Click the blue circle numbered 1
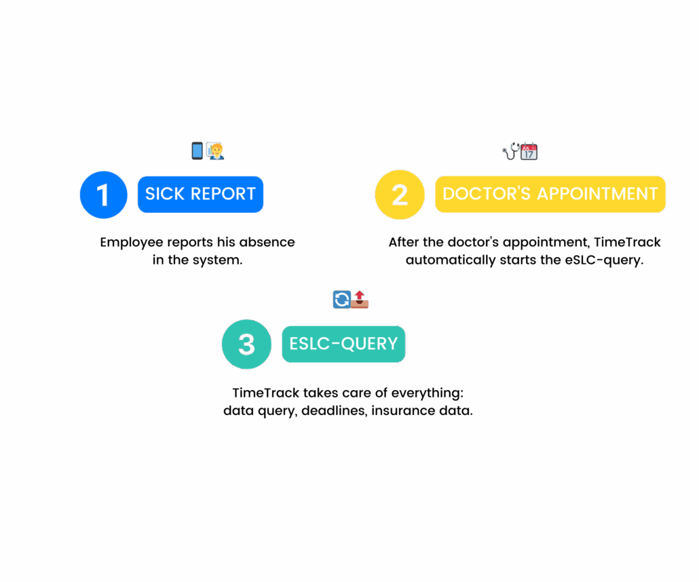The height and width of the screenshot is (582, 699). pyautogui.click(x=104, y=195)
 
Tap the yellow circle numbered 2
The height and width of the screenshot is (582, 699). pyautogui.click(x=400, y=195)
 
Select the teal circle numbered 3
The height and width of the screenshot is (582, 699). pyautogui.click(x=247, y=345)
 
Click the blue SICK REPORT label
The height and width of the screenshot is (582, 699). pyautogui.click(x=200, y=194)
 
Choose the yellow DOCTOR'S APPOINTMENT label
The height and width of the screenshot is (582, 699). pyautogui.click(x=550, y=194)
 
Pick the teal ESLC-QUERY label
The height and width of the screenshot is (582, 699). pyautogui.click(x=343, y=344)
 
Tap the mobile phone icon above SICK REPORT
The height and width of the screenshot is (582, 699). pyautogui.click(x=197, y=151)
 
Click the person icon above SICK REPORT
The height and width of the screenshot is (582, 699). pyautogui.click(x=215, y=151)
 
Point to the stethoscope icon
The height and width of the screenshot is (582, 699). pyautogui.click(x=511, y=151)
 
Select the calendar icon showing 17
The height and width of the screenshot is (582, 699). pyautogui.click(x=529, y=151)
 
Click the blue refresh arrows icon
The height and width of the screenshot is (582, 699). pyautogui.click(x=341, y=299)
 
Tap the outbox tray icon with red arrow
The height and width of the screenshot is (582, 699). pyautogui.click(x=360, y=299)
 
